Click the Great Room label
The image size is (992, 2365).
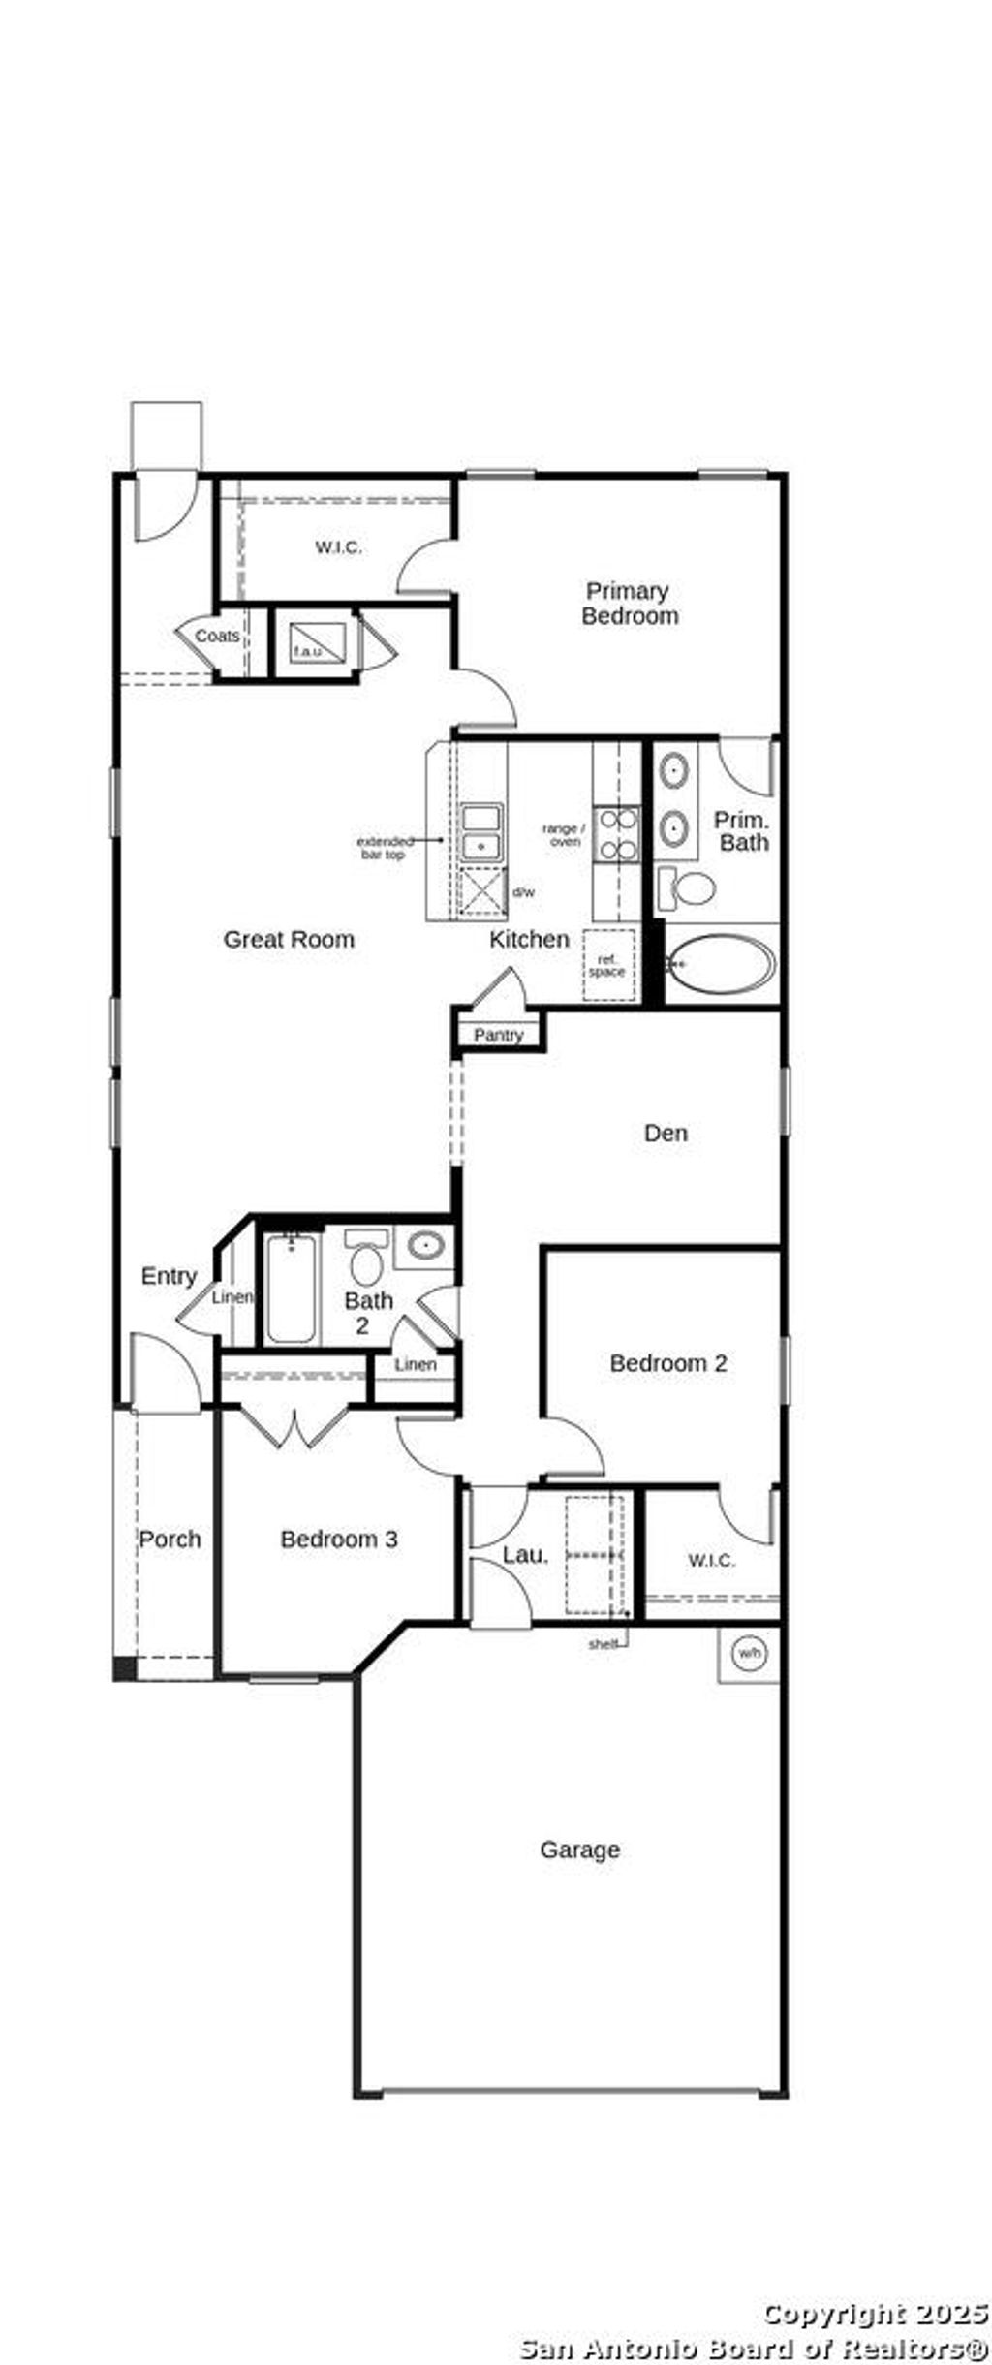289,939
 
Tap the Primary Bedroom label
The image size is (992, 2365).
629,603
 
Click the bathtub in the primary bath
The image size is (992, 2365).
722,965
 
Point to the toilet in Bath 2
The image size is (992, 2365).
365,1259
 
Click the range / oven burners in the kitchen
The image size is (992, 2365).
616,834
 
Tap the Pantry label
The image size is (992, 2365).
498,1035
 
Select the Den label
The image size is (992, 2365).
666,1133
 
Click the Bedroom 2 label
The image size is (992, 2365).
667,1363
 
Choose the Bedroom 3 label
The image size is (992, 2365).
339,1539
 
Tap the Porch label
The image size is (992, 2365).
170,1539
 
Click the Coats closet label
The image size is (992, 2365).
217,637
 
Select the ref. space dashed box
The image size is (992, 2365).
607,965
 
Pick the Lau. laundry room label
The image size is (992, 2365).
525,1555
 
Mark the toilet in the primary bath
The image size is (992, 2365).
688,887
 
